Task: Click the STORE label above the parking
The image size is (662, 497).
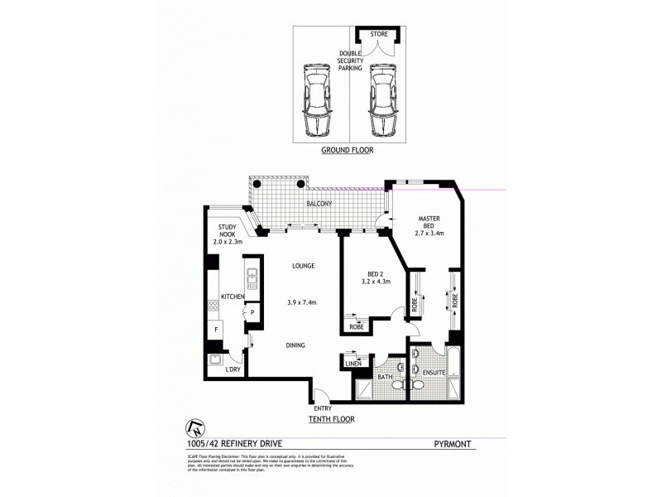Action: pyautogui.click(x=377, y=35)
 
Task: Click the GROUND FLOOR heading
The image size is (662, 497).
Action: pyautogui.click(x=347, y=152)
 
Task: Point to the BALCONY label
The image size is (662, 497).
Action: pyautogui.click(x=319, y=204)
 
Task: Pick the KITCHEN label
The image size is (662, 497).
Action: pyautogui.click(x=232, y=295)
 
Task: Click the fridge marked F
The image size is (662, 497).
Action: pyautogui.click(x=216, y=330)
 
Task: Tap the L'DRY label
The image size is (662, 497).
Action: pyautogui.click(x=233, y=369)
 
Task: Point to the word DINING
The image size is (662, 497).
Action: pyautogui.click(x=295, y=345)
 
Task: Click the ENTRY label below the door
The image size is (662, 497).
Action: pyautogui.click(x=324, y=408)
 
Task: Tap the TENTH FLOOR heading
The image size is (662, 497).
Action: pyautogui.click(x=333, y=420)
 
